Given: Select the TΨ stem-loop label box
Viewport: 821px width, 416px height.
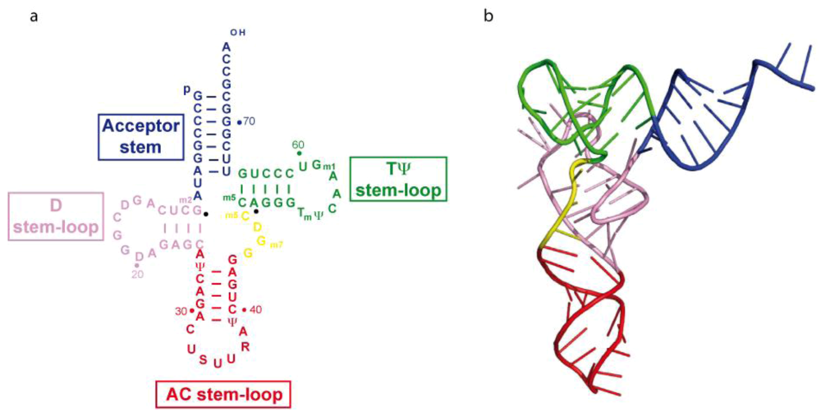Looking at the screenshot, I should [397, 179].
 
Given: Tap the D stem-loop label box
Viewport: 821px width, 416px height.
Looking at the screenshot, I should [55, 217].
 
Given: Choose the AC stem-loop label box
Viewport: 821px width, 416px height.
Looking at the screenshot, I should [222, 395].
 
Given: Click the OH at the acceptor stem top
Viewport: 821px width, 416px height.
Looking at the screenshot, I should [236, 33].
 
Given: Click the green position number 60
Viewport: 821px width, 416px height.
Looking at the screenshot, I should [298, 144].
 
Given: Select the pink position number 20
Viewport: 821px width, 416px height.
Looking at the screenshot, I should [136, 275].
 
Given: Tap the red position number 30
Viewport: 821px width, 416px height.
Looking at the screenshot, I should [182, 310].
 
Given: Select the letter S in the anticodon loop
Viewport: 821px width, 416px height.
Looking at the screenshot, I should [203, 359].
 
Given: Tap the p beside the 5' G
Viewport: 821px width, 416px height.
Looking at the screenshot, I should [187, 89].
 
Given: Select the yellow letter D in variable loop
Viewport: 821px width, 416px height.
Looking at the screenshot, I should [257, 226].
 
